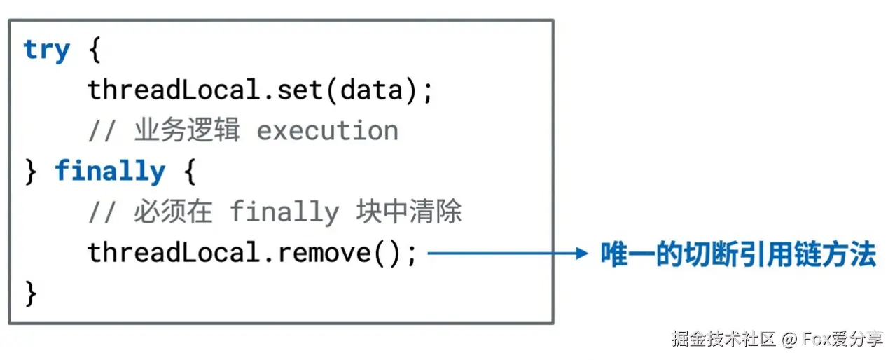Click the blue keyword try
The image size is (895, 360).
[46, 50]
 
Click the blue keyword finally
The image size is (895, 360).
[110, 172]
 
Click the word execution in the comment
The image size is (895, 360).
[327, 131]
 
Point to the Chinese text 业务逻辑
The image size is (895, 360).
[186, 131]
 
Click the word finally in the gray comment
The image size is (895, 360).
[284, 212]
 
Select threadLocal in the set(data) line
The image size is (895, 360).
[174, 90]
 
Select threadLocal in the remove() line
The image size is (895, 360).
[174, 252]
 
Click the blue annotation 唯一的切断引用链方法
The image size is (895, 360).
[738, 254]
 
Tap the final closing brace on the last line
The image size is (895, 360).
[30, 293]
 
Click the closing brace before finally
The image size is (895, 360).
[30, 172]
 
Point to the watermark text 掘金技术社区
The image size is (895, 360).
[723, 340]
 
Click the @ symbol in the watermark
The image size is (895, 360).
[790, 340]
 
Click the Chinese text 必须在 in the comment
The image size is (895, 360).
[172, 212]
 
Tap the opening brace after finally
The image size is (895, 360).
[189, 172]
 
